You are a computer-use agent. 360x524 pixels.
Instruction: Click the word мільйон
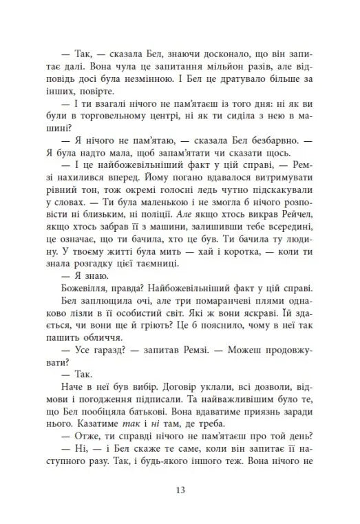point(222,67)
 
